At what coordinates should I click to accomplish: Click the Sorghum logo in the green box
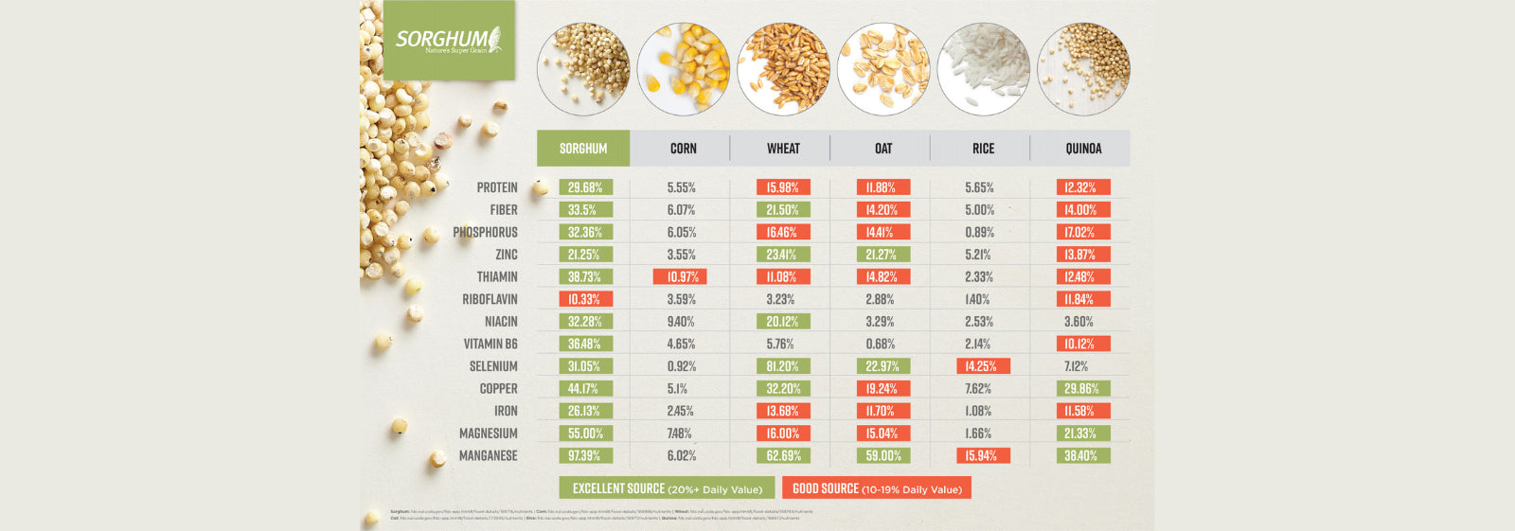[x=448, y=40]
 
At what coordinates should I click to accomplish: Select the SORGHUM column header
[x=583, y=149]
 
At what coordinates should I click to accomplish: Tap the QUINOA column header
[x=1083, y=149]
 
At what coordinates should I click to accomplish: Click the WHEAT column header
[x=783, y=149]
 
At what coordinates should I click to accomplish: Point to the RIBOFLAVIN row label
[x=490, y=299]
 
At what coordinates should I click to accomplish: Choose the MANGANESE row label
[x=488, y=455]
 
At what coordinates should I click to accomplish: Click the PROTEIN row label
[x=497, y=187]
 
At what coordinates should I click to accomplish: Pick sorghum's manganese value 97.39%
[x=585, y=455]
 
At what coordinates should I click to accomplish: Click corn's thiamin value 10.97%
[x=681, y=277]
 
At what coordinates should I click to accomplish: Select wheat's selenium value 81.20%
[x=783, y=366]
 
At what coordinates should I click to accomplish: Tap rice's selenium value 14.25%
[x=983, y=366]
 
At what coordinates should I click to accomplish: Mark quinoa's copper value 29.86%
[x=1082, y=388]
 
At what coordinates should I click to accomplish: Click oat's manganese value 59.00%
[x=883, y=455]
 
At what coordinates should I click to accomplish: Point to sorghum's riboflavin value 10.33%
[x=585, y=299]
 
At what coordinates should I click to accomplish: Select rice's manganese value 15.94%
[x=983, y=455]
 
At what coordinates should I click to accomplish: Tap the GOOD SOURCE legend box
[x=877, y=488]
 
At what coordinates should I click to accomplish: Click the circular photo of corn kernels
[x=683, y=69]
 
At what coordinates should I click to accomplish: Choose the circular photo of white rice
[x=983, y=69]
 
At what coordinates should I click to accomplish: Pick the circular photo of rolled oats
[x=883, y=69]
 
